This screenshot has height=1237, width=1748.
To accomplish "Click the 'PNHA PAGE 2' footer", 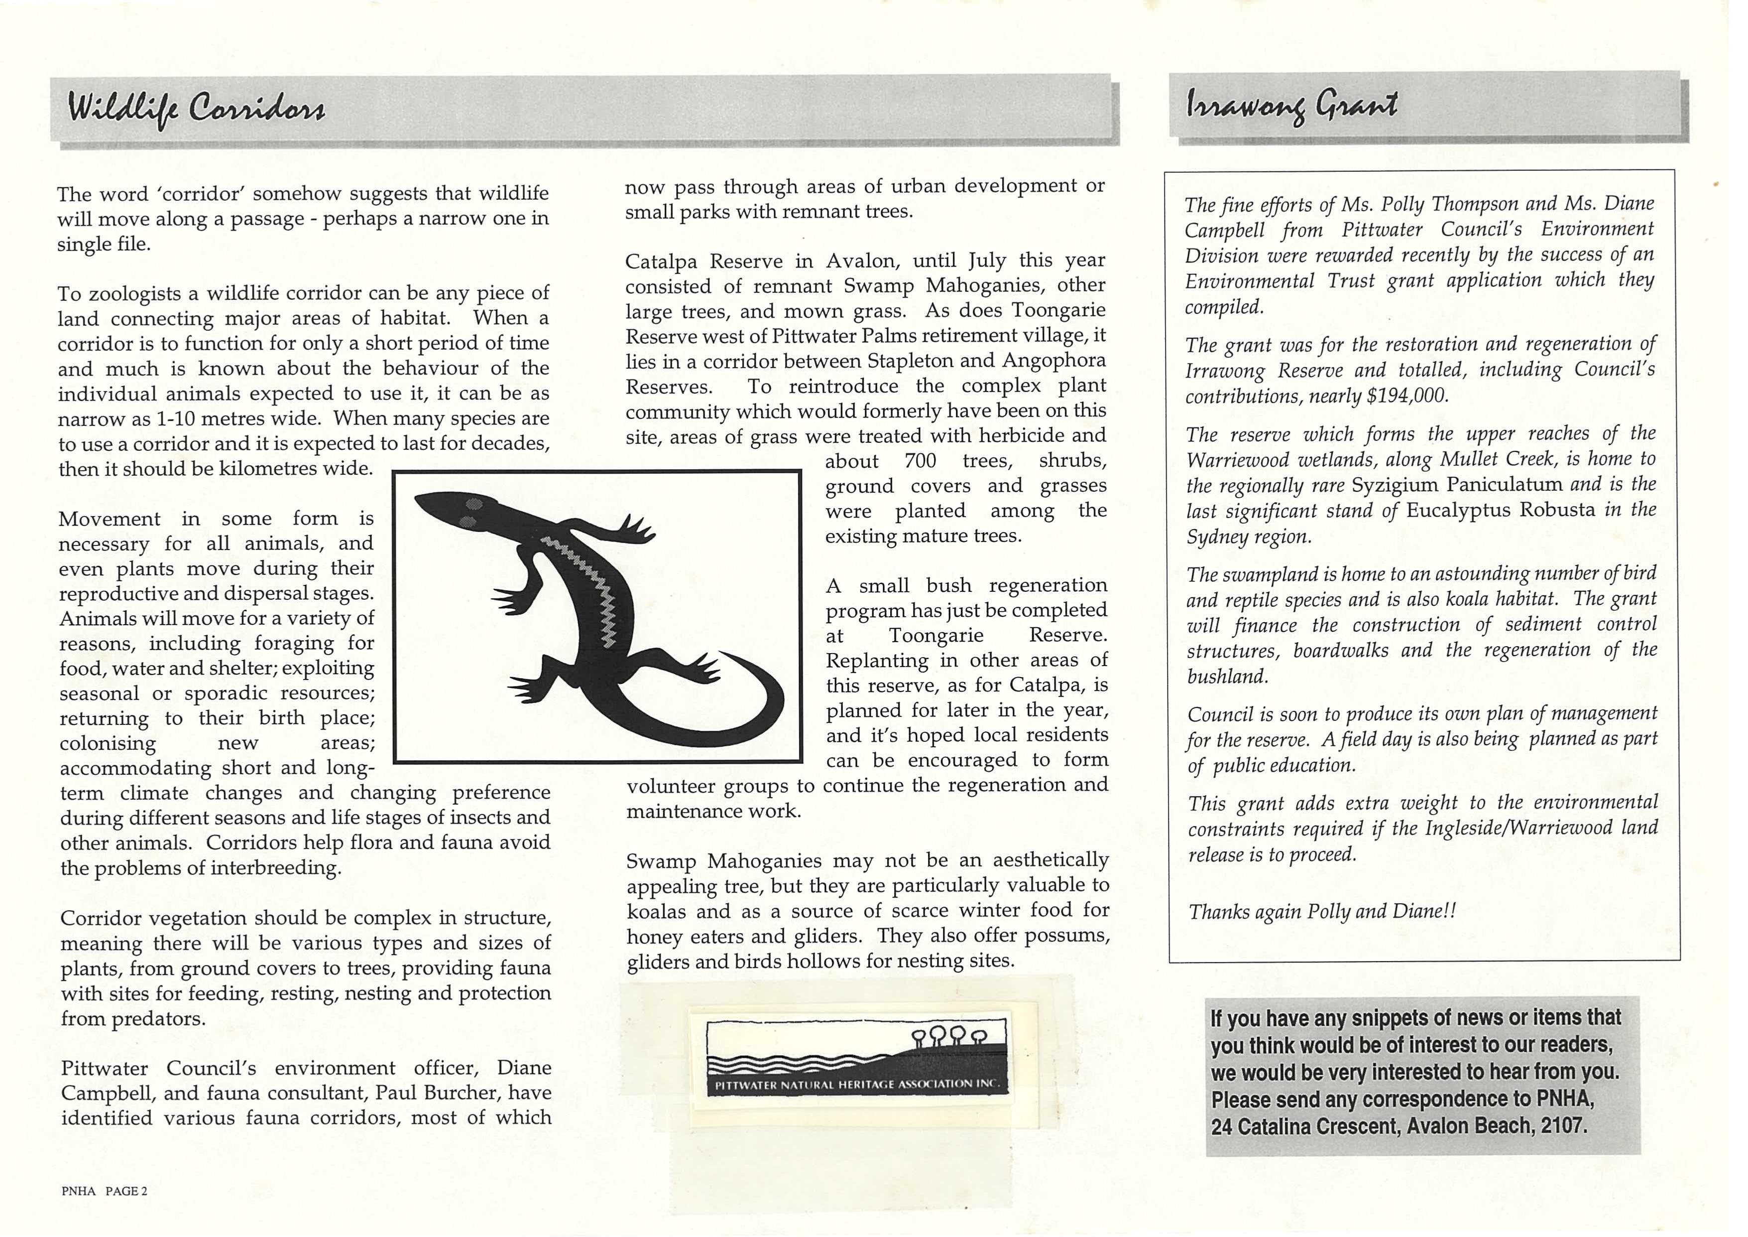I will point(104,1192).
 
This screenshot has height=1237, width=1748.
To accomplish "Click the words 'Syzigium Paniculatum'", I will point(1457,485).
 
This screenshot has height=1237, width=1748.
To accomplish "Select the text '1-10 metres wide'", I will point(229,419).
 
